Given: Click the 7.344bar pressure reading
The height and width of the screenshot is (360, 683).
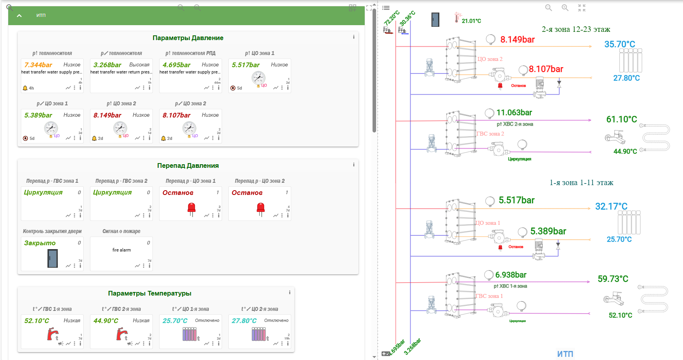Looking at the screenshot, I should [38, 65].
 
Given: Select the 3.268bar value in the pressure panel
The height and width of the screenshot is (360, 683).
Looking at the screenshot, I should [107, 65].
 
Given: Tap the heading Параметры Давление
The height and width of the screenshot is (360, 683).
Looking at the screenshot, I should [188, 38].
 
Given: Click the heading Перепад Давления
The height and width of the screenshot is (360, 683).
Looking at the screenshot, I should [188, 166].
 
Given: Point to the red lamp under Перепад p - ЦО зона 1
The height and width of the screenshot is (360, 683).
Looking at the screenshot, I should [191, 208].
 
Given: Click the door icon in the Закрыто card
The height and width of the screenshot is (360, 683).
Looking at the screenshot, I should [53, 258].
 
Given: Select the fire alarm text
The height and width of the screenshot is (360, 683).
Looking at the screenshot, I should [121, 250].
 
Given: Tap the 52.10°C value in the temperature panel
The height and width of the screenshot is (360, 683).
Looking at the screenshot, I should [37, 321].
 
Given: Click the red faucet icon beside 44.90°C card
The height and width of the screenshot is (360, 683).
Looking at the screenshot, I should [121, 334].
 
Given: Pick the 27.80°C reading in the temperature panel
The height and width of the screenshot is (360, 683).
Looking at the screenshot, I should [244, 321].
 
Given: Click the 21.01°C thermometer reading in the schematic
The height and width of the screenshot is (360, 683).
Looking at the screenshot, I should [471, 21].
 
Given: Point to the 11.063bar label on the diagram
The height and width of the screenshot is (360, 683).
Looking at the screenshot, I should [514, 113].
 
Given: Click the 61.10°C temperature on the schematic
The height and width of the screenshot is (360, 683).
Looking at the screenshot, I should [621, 119].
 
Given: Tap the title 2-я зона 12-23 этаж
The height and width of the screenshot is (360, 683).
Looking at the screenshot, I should [576, 29].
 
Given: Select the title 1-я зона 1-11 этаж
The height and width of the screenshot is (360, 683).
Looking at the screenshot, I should [581, 183].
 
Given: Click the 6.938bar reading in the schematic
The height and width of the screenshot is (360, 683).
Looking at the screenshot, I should [510, 275].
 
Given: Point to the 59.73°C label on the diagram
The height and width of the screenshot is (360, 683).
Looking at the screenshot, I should [613, 279].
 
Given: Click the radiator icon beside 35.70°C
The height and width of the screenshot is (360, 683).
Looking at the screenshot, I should [630, 61].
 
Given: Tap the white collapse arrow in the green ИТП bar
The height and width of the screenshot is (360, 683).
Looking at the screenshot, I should [19, 16].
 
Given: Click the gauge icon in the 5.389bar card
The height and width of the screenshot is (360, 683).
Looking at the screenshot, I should [51, 128].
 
